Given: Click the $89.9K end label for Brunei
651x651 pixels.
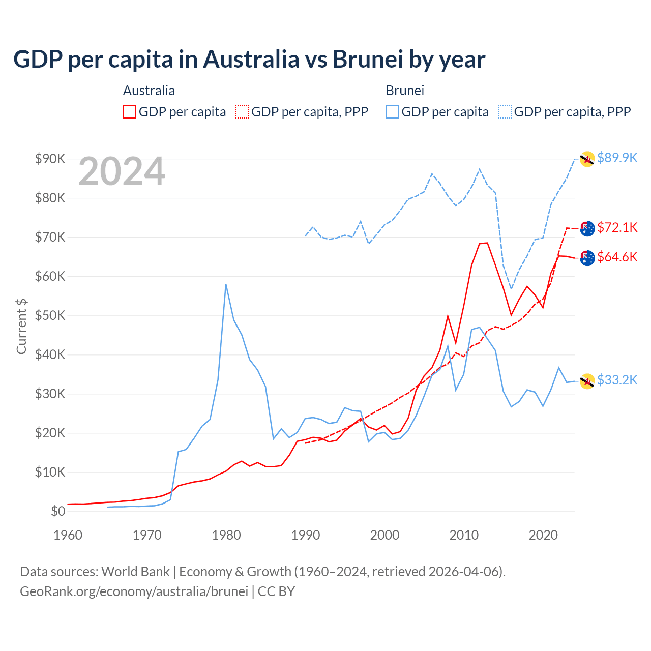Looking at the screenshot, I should point(617,158).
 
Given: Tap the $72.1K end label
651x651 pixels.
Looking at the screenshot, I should point(617,227).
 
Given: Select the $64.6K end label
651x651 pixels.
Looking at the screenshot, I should point(617,257).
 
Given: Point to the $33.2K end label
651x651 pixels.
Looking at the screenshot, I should point(617,380).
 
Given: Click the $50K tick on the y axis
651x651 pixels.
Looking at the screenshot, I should point(50,316).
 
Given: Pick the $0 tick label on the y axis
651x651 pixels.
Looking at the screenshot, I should point(58,512).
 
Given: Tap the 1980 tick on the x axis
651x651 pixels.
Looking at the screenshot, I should point(226,535).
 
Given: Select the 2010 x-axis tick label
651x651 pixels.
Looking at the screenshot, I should point(464,535).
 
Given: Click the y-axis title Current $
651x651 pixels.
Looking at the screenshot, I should point(21,327).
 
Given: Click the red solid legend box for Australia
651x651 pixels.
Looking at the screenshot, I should point(130,112).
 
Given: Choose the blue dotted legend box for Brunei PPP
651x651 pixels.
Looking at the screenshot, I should point(505,112).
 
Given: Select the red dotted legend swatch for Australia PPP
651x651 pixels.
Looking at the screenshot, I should point(242,112).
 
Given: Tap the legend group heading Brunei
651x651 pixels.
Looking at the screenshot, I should point(405,91).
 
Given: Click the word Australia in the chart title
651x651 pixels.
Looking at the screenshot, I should point(251,59).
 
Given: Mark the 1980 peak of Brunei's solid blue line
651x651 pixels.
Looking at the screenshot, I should point(226,285).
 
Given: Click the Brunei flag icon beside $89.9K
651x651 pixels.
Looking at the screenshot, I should point(587,159).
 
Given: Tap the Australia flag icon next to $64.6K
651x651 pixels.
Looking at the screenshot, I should point(587,258).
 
